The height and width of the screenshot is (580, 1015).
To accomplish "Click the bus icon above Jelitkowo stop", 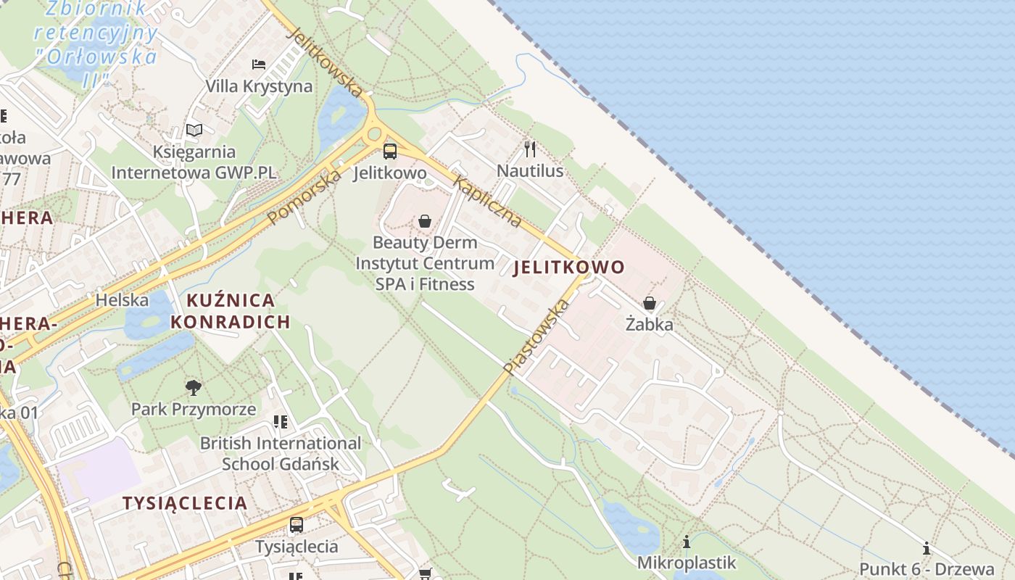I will [390, 152].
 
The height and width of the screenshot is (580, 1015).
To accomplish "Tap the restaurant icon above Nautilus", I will [530, 149].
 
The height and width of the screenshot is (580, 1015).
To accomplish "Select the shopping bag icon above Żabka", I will [650, 303].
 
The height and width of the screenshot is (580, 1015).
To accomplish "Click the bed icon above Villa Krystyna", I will [259, 65].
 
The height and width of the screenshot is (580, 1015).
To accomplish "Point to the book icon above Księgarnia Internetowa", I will [194, 130].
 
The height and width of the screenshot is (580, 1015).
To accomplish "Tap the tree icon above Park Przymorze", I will [194, 387].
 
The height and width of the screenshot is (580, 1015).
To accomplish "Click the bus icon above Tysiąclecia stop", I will [297, 524].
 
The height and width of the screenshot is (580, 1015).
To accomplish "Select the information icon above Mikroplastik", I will [687, 542].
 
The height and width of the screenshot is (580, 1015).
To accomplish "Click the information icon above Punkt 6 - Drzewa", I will [927, 547].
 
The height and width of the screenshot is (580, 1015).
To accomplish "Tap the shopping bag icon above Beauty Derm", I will [425, 221].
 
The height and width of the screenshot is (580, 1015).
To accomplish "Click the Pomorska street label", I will [304, 196].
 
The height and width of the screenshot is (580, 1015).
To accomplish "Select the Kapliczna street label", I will [487, 202].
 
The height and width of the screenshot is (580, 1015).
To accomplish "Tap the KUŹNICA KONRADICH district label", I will [231, 311].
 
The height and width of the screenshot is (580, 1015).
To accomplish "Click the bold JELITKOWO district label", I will [568, 268].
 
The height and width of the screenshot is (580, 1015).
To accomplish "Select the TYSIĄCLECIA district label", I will [185, 503].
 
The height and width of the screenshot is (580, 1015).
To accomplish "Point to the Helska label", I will [122, 299].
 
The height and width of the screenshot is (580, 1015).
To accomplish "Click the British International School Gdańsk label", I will [280, 453].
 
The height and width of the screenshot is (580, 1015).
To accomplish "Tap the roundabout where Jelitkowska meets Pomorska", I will [374, 133].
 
